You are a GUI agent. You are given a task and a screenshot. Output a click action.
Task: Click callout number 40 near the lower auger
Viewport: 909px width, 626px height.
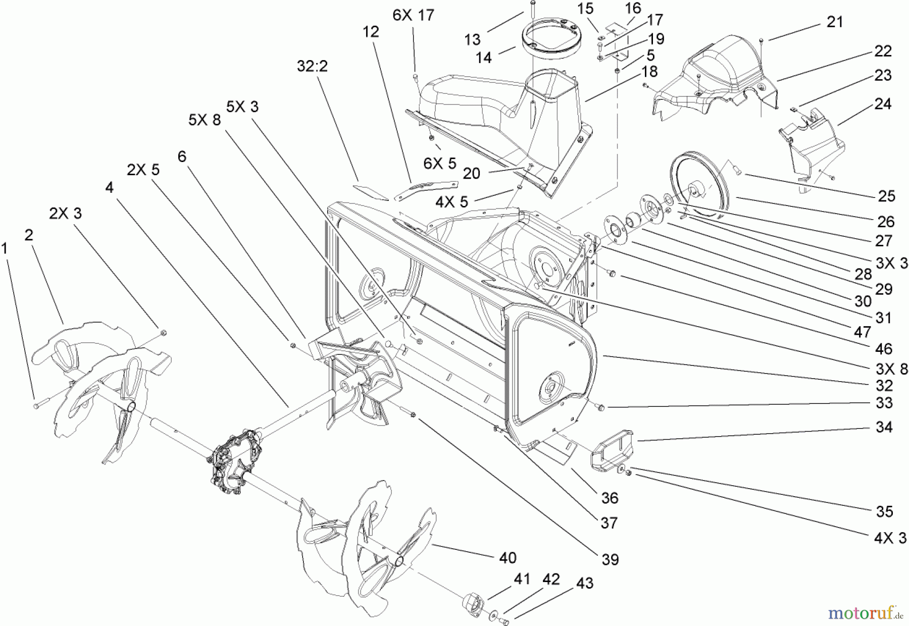pos(508,557)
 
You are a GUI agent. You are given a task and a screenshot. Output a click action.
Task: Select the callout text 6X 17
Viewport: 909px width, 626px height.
pos(413,15)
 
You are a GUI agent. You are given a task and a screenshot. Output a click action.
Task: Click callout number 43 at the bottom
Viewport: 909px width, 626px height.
pos(584,584)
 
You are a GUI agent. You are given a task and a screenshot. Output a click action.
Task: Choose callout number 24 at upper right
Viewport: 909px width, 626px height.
pos(883,105)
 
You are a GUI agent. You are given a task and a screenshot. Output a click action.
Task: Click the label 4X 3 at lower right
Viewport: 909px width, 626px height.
pos(890,538)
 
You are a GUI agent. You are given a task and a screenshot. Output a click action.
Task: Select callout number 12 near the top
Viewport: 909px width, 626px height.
pos(370,32)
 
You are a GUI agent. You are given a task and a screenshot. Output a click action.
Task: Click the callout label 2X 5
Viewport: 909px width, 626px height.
pos(143,170)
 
